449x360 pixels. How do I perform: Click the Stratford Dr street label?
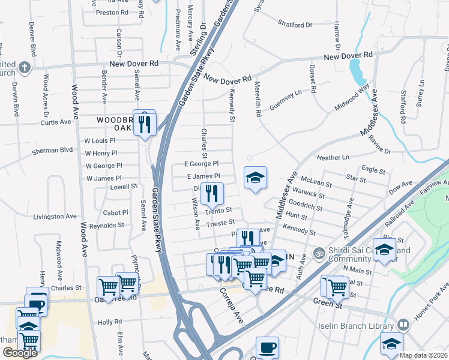295,25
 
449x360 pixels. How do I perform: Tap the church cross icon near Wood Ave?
24,67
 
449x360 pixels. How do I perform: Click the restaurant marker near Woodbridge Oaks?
144,124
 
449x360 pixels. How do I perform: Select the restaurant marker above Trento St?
211,193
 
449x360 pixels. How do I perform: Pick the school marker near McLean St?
255,178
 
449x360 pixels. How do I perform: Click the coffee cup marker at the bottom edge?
267,347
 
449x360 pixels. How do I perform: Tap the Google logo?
20,353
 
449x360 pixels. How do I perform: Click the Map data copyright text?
424,355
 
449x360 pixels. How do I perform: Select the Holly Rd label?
110,322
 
